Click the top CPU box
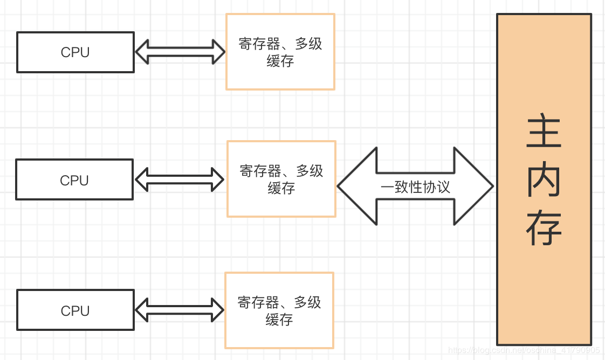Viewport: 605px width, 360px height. coord(75,52)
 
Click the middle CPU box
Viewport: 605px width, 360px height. coord(74,180)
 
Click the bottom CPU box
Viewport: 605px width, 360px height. coord(75,310)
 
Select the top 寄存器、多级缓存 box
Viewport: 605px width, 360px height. coord(280,52)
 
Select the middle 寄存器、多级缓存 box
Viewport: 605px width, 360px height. coord(281,179)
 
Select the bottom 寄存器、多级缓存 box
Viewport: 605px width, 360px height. coord(279,310)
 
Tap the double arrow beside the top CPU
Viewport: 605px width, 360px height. coord(180,52)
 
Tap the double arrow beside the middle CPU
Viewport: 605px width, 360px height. coord(180,179)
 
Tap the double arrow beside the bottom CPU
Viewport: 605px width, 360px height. coord(180,310)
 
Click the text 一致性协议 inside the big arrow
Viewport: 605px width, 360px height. coord(415,187)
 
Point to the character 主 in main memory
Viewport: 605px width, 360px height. coord(544,131)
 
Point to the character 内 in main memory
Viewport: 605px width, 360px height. coord(544,180)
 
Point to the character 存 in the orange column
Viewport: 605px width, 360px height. coord(544,229)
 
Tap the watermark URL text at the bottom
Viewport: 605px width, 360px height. coord(524,350)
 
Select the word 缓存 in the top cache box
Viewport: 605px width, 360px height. coord(280,61)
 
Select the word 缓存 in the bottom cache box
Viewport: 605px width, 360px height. coord(279,320)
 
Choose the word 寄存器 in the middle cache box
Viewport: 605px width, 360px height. coord(260,171)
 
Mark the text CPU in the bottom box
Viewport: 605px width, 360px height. coord(75,310)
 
